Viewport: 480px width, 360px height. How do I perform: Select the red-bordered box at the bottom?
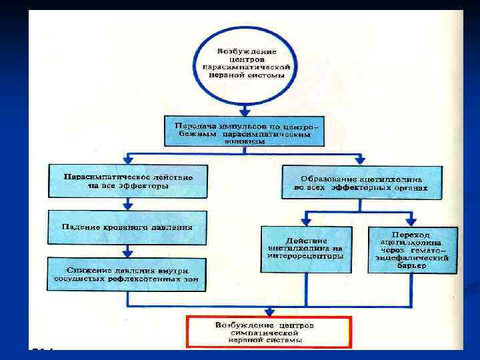(269, 331)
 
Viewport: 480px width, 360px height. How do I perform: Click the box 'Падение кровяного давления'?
(127, 227)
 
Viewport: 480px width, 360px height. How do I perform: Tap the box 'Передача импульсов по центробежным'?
(244, 131)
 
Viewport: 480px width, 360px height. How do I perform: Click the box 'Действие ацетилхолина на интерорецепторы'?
(306, 249)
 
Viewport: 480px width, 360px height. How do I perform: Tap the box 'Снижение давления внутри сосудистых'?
(127, 275)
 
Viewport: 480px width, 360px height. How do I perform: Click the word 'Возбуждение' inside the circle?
(244, 51)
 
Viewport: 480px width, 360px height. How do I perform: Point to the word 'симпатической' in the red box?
(269, 332)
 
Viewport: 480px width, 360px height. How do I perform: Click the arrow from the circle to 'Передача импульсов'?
(244, 109)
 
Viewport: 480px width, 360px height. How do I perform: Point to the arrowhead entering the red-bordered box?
(269, 311)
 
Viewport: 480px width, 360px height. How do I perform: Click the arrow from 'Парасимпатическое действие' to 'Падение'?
(127, 204)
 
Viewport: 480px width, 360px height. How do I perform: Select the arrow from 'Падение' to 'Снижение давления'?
(127, 251)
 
